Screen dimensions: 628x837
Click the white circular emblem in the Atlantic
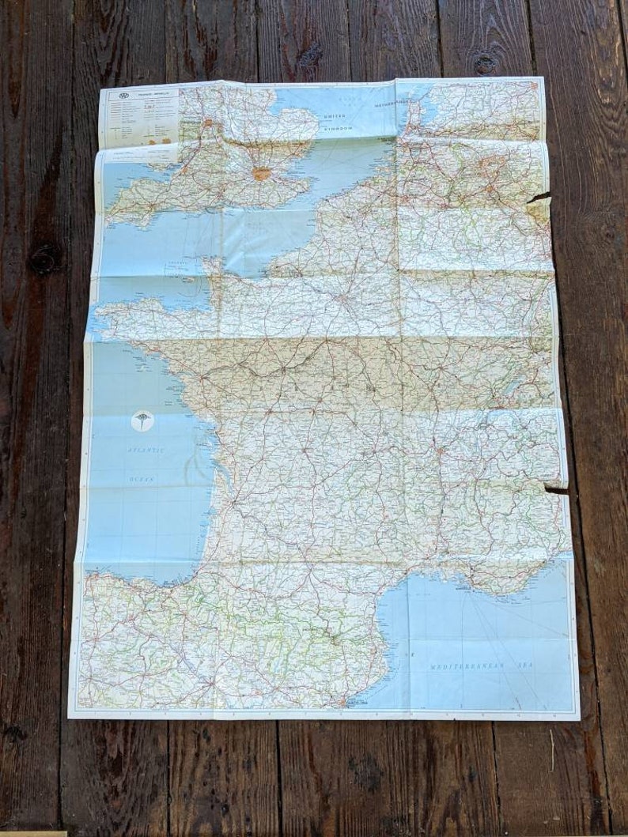[x=142, y=421]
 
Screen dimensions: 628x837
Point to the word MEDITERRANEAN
[x=466, y=667]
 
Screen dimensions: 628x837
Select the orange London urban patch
[x=261, y=173]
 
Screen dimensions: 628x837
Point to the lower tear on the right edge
[x=557, y=491]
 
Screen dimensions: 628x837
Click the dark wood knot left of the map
[x=44, y=258]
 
